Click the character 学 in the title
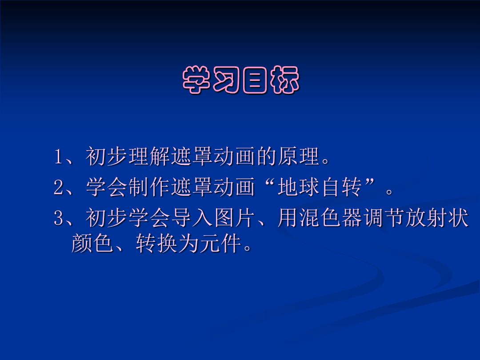click(x=196, y=80)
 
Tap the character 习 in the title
click(x=226, y=80)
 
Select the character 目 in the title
click(x=255, y=80)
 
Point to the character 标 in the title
click(x=285, y=80)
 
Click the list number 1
click(x=58, y=157)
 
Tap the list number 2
click(x=58, y=188)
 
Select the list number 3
click(x=58, y=218)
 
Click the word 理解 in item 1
click(x=149, y=156)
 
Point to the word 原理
click(x=299, y=156)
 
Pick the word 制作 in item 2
click(x=149, y=187)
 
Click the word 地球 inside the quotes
click(x=299, y=187)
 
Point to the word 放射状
click(x=437, y=218)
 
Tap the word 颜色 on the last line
click(x=92, y=244)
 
